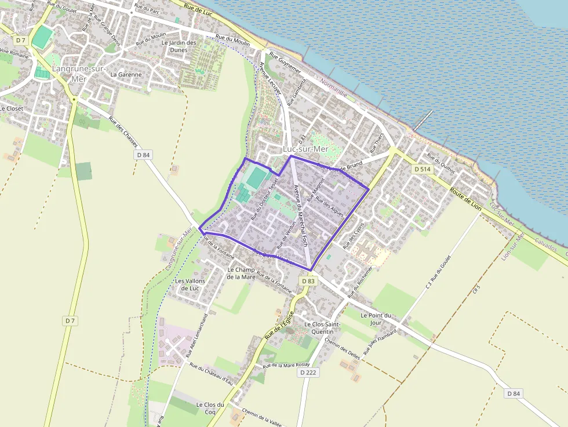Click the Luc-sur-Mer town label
click(305, 149)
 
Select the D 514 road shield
click(422, 169)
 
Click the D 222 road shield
click(308, 373)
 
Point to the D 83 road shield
click(308, 281)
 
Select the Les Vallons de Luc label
click(190, 284)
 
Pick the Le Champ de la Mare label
click(241, 273)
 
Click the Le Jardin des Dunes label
click(179, 46)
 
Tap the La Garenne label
click(126, 74)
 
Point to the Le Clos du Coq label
click(210, 408)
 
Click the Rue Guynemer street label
click(285, 61)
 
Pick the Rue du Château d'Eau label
click(211, 373)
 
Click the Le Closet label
click(12, 108)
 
